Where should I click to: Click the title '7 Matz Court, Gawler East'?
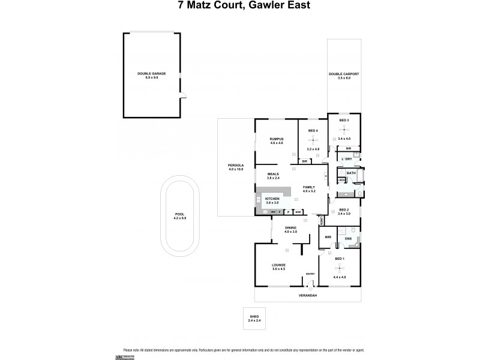pyautogui.click(x=239, y=7)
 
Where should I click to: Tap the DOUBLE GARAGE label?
pyautogui.click(x=151, y=73)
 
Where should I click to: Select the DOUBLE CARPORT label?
pyautogui.click(x=344, y=74)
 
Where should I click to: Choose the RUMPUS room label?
pyautogui.click(x=276, y=139)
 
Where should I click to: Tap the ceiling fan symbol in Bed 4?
pyautogui.click(x=313, y=140)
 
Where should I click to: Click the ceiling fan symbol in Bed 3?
pyautogui.click(x=344, y=130)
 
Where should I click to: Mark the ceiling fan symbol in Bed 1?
pyautogui.click(x=340, y=267)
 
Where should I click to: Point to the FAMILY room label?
pyautogui.click(x=308, y=187)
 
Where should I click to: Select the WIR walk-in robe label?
pyautogui.click(x=328, y=237)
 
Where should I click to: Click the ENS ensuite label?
pyautogui.click(x=348, y=239)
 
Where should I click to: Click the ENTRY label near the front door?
pyautogui.click(x=310, y=274)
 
